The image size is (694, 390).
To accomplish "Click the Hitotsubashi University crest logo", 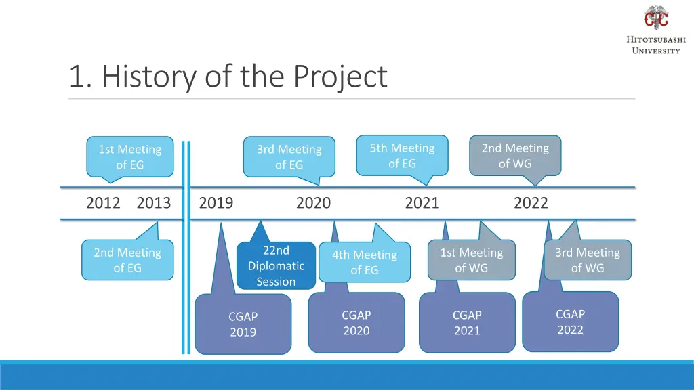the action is (655, 18).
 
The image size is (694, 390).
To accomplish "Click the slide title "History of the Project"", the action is (228, 77).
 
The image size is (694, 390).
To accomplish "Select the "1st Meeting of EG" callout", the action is (129, 156).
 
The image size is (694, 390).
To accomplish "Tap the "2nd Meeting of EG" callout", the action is (127, 260).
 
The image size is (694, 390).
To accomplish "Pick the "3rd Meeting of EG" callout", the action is (289, 156).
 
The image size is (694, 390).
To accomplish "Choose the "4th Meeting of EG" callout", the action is (365, 262).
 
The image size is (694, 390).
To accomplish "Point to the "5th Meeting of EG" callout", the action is (402, 155).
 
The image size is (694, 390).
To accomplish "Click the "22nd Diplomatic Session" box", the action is (276, 266).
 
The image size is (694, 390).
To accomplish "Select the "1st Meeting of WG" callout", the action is (471, 260).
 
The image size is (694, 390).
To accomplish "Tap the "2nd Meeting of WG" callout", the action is (515, 155).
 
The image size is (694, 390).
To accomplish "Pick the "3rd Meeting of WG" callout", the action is (587, 260).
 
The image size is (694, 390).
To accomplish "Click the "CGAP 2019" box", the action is (243, 324).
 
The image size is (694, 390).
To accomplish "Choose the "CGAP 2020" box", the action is (356, 323).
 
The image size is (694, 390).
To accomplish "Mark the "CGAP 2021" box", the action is (467, 323).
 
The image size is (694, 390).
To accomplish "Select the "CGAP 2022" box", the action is (570, 322).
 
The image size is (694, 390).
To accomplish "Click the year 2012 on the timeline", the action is (103, 202).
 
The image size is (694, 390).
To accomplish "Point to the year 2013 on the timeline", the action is (154, 202).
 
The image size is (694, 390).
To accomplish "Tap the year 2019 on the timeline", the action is (216, 202).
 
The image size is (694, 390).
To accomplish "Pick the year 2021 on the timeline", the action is (422, 202).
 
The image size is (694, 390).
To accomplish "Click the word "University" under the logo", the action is (655, 51).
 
